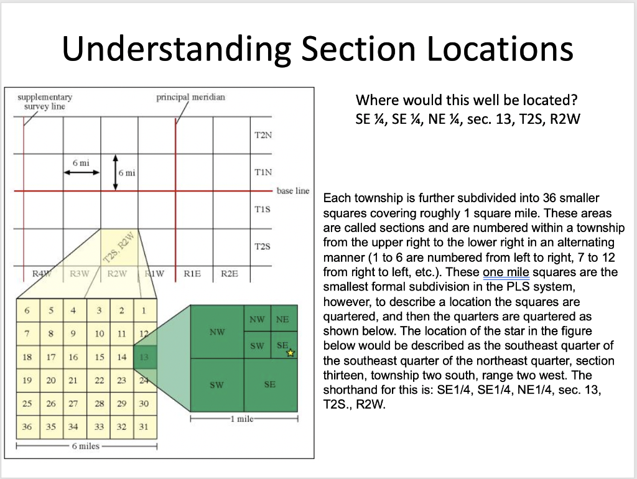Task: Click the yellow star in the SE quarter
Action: tap(289, 353)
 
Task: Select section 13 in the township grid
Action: tap(144, 357)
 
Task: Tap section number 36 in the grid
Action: tap(26, 427)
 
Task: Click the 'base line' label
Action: tap(292, 191)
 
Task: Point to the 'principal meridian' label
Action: tap(191, 97)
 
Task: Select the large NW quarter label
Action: tap(216, 332)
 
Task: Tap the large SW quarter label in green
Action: tap(216, 385)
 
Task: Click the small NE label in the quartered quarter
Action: tap(282, 320)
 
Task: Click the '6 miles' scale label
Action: tap(85, 446)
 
